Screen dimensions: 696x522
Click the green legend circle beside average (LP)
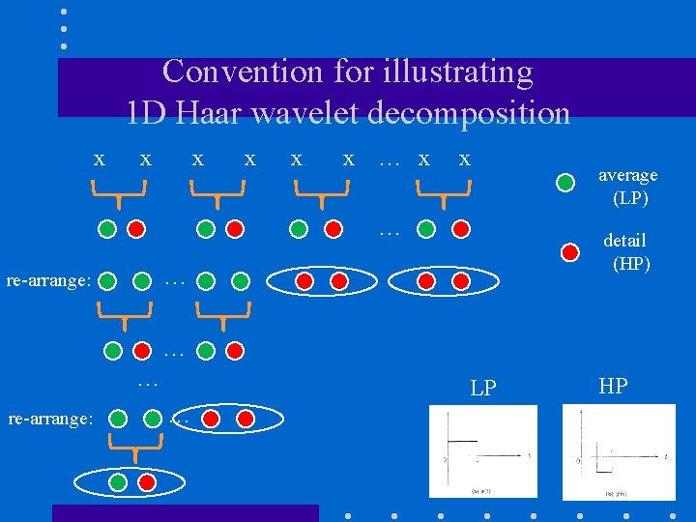[568, 180]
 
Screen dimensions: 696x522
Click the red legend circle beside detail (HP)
[568, 251]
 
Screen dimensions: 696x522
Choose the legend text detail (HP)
[627, 251]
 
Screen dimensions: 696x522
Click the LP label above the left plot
[482, 389]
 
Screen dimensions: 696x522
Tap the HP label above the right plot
[613, 387]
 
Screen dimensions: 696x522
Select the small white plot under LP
[483, 450]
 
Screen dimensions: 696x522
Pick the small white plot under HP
[619, 450]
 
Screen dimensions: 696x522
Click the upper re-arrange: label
[48, 281]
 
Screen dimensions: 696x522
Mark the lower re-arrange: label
[50, 419]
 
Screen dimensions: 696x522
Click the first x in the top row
[99, 159]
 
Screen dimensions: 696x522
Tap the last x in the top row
[465, 159]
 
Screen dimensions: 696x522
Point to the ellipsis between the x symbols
[390, 160]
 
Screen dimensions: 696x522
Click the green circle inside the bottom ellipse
[118, 480]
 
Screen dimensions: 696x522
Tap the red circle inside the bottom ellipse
[147, 480]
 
